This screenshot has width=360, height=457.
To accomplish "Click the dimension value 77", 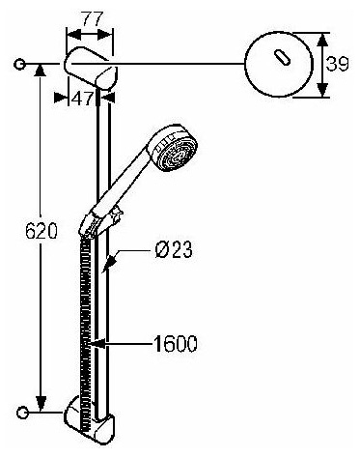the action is pos(92,18).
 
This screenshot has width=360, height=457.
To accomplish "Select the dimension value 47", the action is pos(82,98).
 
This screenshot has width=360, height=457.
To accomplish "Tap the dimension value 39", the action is pos(337,64).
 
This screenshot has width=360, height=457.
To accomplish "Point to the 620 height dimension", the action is pos(42,231).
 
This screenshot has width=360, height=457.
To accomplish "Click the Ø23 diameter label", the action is pos(174,249).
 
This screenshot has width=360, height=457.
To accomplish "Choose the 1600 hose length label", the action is pos(175,344).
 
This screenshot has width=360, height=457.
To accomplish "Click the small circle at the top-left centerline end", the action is pos(19,64).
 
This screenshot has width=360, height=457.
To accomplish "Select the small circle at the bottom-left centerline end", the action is pos(22,413).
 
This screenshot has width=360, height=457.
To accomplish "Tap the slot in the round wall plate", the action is pos(283,58).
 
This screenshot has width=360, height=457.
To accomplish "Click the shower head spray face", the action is pos(177,152).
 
